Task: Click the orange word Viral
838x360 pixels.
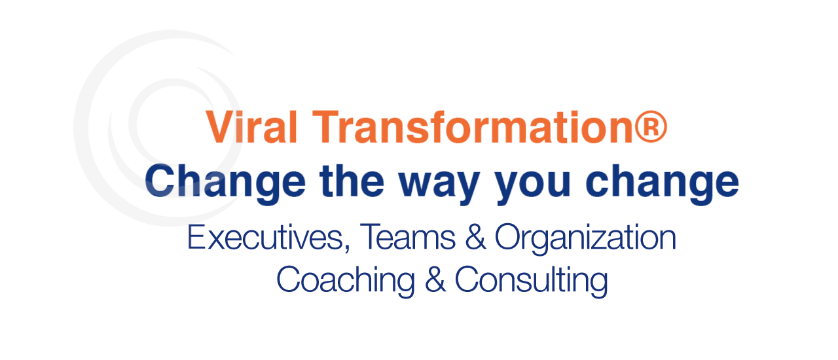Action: coord(251,127)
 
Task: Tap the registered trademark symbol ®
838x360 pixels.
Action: coord(651,126)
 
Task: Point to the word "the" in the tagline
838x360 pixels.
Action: coord(352,181)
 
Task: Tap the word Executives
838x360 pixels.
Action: coord(265,237)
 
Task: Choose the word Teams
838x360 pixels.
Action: coord(407,237)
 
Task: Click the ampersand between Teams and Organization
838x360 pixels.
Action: coord(475,237)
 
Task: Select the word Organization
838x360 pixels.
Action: coord(585,240)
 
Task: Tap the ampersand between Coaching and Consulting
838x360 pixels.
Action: coord(435,279)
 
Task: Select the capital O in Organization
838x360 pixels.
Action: coord(507,237)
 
